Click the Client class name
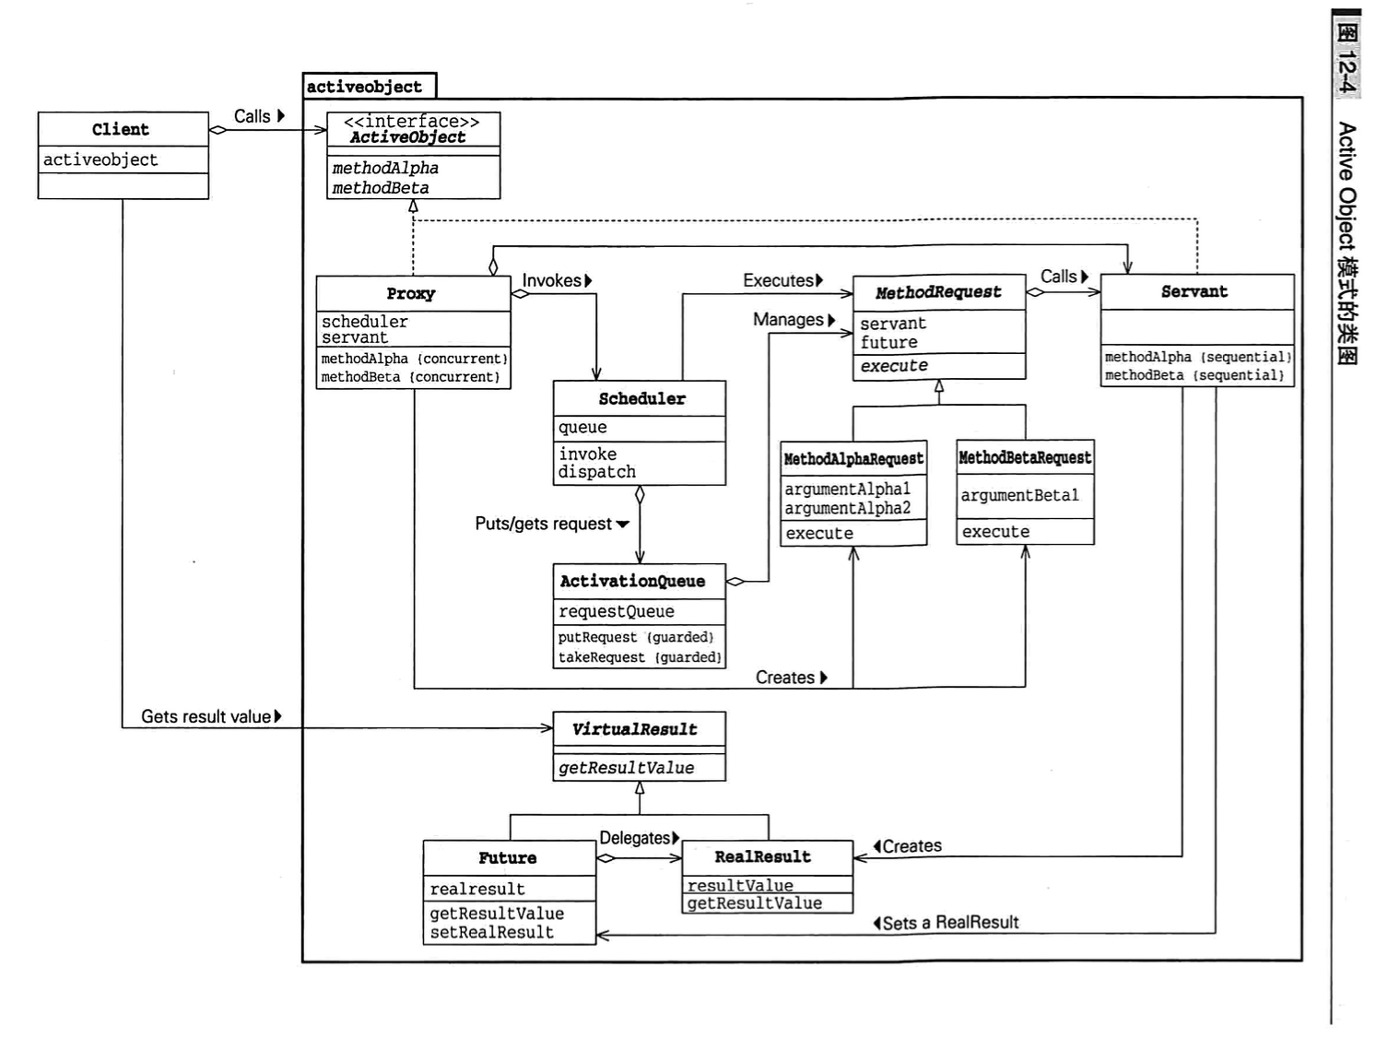click(121, 129)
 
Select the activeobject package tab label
click(364, 87)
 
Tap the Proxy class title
click(411, 293)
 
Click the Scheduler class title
click(641, 398)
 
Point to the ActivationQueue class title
click(632, 581)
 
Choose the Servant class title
click(1194, 291)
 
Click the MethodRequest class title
click(938, 292)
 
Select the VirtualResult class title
click(635, 729)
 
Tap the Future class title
click(507, 857)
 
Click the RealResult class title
click(763, 856)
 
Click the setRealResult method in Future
click(492, 932)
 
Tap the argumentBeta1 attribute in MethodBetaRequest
click(1019, 495)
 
